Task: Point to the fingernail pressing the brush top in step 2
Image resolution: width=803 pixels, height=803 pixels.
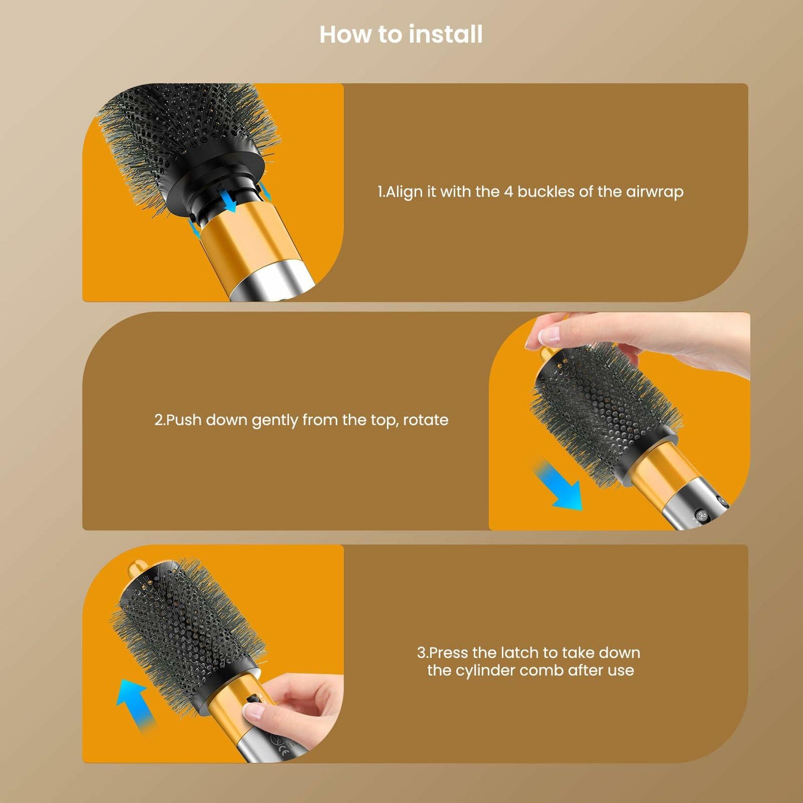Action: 549,335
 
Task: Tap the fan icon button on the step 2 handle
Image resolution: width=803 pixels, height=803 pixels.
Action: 701,516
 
